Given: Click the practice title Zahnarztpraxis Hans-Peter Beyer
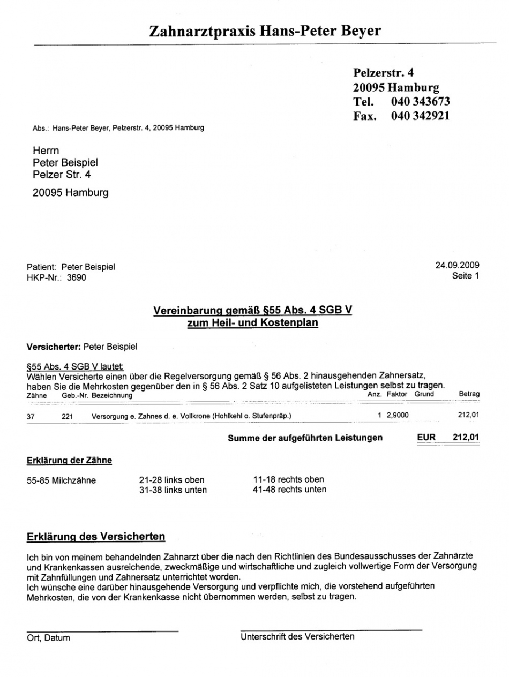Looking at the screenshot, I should (x=265, y=32).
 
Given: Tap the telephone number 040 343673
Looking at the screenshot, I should (x=420, y=101).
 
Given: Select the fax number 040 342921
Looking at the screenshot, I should (x=420, y=115).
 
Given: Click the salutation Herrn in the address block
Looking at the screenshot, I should (x=46, y=151).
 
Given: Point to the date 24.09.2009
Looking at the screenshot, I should (x=457, y=265).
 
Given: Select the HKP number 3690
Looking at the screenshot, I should (x=76, y=277).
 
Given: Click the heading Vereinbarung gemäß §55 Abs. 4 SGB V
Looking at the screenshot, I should (x=252, y=311).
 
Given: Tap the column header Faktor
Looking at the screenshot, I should (x=397, y=394).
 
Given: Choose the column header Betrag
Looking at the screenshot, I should (x=469, y=394).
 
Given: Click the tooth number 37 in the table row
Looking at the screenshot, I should (x=31, y=415).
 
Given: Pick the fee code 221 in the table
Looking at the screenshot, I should (x=68, y=415).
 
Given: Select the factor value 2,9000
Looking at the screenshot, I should (x=397, y=415).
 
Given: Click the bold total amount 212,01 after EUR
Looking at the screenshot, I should (x=466, y=438).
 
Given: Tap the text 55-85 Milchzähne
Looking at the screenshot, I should (x=61, y=480).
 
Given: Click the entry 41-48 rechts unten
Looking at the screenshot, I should (x=289, y=489).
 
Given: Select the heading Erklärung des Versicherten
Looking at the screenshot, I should (x=96, y=537).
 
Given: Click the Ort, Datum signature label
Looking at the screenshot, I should (x=48, y=638).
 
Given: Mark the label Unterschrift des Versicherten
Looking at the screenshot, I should (x=297, y=636).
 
